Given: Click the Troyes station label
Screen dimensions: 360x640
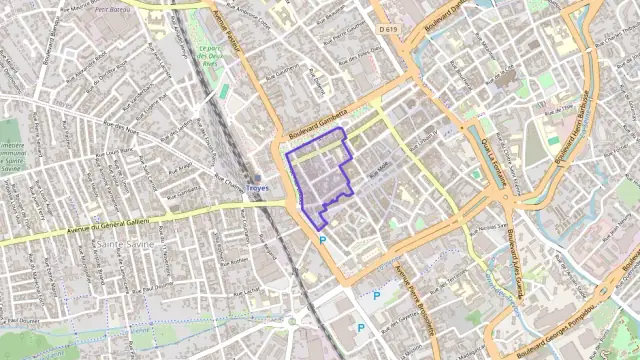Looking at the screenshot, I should click(x=257, y=188).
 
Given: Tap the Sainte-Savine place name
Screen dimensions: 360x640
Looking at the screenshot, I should click(x=120, y=243).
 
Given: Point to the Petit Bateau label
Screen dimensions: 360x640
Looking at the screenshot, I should click(x=118, y=7).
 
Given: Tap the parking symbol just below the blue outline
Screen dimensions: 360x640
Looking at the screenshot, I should click(x=322, y=241).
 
